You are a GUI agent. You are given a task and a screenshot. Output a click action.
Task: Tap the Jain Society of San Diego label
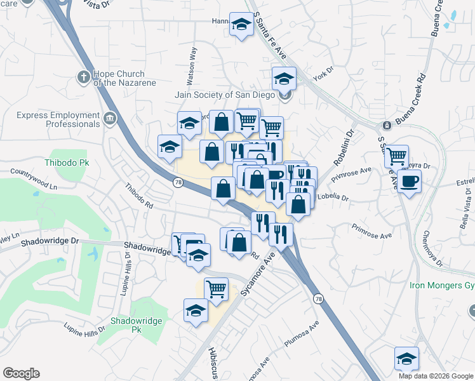[x=225, y=95]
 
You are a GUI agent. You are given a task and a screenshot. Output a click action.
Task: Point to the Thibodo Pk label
[x=66, y=163]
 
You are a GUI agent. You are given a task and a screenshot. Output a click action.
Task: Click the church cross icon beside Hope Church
[x=83, y=77]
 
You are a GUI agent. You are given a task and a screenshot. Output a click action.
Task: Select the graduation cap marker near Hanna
[x=241, y=25]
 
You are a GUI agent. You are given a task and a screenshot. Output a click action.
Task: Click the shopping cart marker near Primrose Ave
[x=397, y=156]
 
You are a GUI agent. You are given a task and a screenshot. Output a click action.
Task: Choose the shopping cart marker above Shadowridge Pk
[x=216, y=289]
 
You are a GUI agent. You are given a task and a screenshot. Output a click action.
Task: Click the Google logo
[x=22, y=373]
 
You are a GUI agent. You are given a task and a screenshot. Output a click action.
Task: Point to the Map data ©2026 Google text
[x=436, y=376]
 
